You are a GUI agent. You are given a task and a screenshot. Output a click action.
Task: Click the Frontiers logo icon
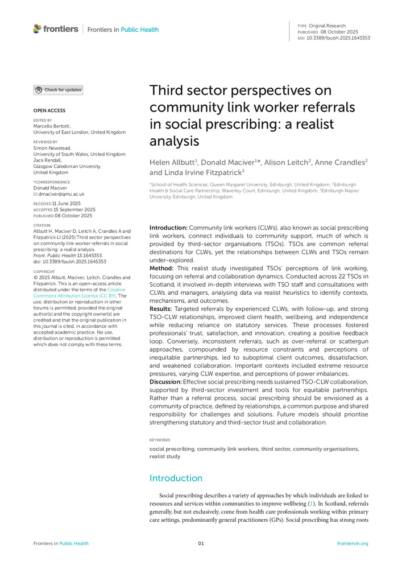38,28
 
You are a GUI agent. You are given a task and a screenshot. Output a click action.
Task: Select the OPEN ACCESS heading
49,110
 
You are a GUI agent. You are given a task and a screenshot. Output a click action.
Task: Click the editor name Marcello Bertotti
55,126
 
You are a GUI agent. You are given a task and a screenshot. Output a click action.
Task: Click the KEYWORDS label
160,440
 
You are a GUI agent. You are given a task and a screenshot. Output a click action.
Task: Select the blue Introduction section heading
175,478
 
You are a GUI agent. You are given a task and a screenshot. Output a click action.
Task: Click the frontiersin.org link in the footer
353,543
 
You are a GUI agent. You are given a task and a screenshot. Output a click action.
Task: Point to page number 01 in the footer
201,543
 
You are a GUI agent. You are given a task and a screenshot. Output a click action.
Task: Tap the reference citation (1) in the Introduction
310,504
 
